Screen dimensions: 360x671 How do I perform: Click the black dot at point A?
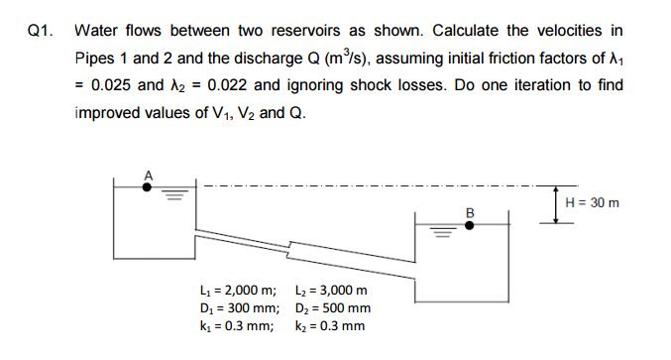[148, 185]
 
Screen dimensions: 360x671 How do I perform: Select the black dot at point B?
[471, 225]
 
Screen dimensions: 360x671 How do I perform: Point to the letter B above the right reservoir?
[471, 211]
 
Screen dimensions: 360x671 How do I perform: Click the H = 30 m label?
[592, 202]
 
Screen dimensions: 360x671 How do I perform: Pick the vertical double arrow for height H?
[557, 203]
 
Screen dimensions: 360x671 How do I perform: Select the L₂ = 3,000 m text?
[332, 290]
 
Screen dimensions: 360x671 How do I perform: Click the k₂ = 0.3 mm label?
[330, 325]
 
